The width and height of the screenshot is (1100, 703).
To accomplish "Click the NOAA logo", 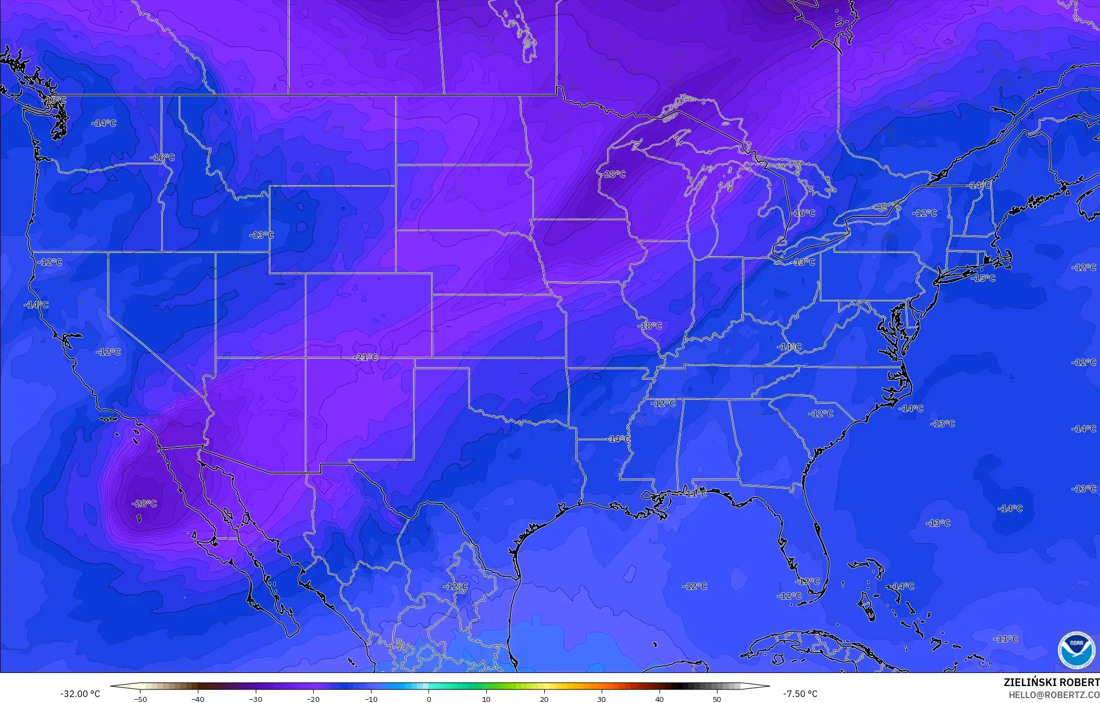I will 1076,649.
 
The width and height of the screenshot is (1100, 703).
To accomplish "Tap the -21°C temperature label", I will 367,357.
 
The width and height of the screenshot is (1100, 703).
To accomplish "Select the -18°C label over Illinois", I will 650,326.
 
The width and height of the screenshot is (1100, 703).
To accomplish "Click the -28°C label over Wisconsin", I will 615,174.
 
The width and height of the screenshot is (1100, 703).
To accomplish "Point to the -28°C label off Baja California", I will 145,504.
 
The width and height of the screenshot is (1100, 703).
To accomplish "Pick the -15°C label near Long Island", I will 984,279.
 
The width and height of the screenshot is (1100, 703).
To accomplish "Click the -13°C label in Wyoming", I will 262,235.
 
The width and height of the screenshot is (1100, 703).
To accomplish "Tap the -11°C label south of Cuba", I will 1006,639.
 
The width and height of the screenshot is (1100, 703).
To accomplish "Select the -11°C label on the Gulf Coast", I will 696,494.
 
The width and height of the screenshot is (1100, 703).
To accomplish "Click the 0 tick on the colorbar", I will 429,699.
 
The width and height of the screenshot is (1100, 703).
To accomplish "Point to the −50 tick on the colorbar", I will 140,699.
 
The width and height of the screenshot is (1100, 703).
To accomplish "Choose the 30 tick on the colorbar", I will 602,699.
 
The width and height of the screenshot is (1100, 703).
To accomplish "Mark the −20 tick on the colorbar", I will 313,699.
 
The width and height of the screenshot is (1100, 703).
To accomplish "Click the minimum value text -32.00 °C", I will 80,694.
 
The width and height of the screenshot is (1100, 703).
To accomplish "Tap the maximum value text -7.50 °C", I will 800,694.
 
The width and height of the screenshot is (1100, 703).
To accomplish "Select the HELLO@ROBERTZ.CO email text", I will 1054,695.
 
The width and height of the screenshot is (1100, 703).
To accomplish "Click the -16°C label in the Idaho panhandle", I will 163,158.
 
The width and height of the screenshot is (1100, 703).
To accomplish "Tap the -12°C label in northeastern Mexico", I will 455,587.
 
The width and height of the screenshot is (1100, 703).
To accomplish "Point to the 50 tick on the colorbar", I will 717,699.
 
